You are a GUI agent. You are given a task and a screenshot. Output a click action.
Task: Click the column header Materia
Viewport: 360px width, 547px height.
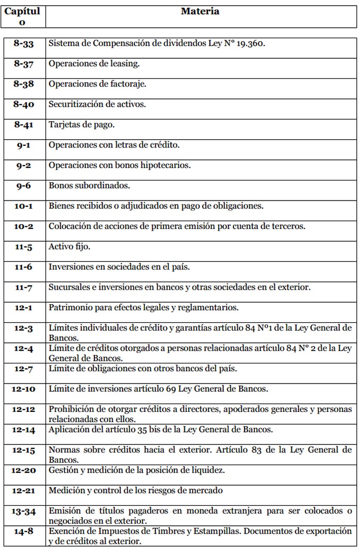click(x=200, y=11)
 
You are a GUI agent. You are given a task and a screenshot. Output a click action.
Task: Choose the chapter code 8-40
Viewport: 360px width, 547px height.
click(x=23, y=104)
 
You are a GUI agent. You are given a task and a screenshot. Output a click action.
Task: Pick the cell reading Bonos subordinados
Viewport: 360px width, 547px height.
click(x=86, y=186)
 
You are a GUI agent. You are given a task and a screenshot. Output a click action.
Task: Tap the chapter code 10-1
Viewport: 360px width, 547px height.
click(x=23, y=206)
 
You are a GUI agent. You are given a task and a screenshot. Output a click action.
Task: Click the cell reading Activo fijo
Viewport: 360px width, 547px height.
click(x=70, y=246)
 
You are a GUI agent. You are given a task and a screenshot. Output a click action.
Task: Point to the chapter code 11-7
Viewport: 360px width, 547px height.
click(x=23, y=287)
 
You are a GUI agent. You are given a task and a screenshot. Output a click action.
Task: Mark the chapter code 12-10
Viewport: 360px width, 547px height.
click(x=23, y=388)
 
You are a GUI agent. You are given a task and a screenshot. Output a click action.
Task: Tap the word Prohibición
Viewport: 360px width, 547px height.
click(x=72, y=409)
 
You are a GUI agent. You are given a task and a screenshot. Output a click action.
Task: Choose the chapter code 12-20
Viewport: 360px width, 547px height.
click(x=23, y=470)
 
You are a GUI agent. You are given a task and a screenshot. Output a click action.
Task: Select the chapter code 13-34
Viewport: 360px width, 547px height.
click(x=23, y=511)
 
